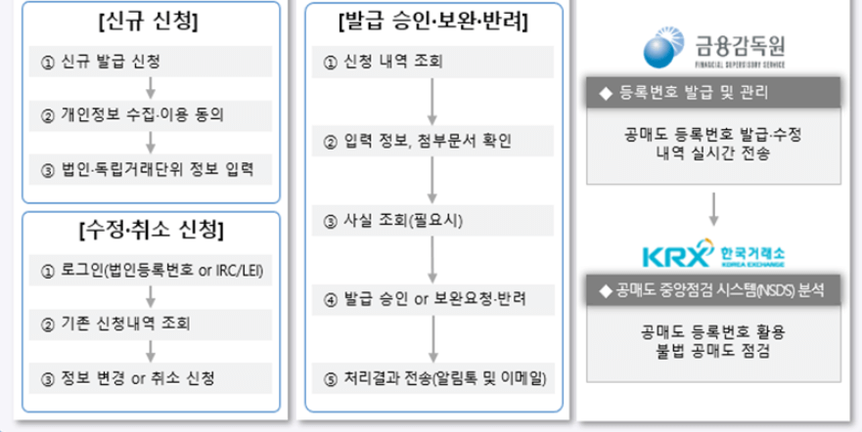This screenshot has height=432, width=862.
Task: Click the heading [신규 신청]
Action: (150, 22)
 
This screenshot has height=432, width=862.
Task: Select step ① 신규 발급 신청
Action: (150, 61)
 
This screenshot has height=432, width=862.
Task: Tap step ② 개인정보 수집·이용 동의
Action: (150, 114)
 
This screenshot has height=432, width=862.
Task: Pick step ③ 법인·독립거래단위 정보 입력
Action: (150, 169)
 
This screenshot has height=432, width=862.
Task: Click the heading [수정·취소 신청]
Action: (150, 231)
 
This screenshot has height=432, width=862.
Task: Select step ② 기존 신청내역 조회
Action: (150, 323)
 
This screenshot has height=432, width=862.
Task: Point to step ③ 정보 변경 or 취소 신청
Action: (150, 377)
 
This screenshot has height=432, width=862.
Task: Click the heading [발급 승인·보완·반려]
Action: (431, 22)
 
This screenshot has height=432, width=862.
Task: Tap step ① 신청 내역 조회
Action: (431, 63)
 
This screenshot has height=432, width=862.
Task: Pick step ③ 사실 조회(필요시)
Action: (431, 220)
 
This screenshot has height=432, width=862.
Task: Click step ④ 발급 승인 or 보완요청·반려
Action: (431, 297)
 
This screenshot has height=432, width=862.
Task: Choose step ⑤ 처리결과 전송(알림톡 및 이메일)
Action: (431, 377)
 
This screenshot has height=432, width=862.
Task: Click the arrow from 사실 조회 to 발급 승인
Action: (431, 259)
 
